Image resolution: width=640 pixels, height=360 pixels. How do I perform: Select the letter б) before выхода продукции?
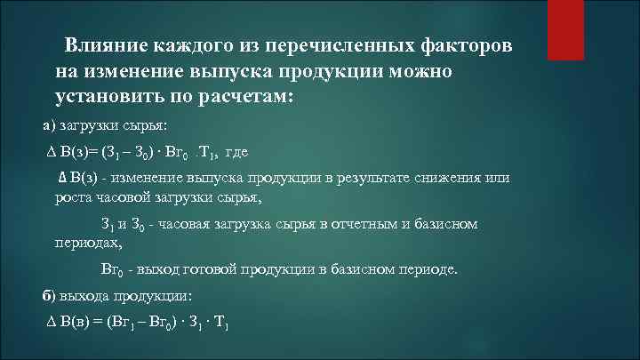point(50,295)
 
